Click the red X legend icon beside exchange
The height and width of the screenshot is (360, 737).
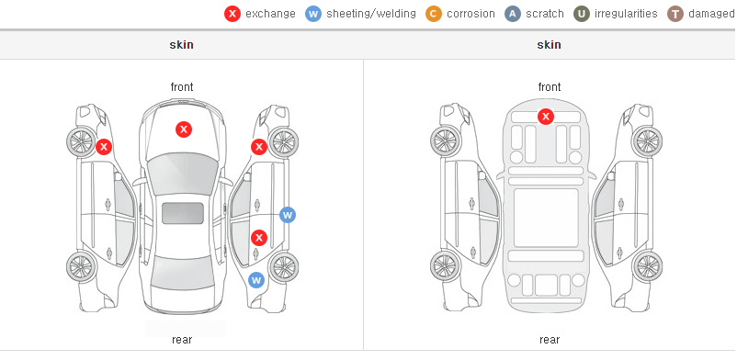[232, 14]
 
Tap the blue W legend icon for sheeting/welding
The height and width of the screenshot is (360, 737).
[313, 14]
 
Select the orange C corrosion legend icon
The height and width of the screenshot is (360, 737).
[434, 14]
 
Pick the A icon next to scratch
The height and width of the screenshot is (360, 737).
[513, 14]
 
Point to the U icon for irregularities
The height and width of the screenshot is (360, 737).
[582, 14]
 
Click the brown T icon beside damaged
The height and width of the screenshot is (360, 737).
[675, 14]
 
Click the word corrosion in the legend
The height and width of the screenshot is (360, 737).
[471, 14]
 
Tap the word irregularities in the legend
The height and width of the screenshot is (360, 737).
[626, 14]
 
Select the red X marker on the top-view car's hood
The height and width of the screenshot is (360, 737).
[184, 129]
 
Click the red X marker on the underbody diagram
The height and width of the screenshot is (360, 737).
[546, 116]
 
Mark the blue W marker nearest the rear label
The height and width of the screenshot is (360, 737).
[256, 281]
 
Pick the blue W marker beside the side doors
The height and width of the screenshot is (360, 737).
[288, 215]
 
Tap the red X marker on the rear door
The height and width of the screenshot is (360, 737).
[259, 238]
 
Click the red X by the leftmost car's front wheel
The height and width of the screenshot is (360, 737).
[104, 147]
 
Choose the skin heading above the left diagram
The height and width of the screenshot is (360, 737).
[181, 45]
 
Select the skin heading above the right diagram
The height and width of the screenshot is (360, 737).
[549, 45]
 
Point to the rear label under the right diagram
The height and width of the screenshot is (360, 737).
[549, 339]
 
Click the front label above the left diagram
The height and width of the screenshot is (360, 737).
[182, 87]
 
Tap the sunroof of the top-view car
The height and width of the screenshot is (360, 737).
[183, 213]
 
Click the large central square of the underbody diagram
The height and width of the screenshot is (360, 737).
[546, 218]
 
